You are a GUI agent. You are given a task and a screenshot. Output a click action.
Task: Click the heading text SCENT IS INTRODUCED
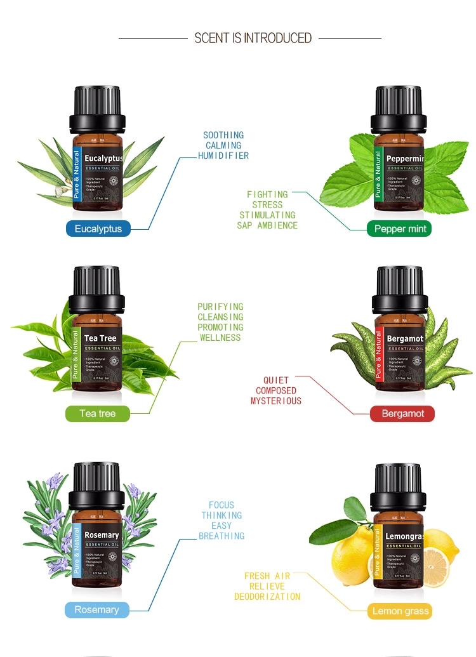[253, 38]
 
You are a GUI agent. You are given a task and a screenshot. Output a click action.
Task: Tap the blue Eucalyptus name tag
[98, 229]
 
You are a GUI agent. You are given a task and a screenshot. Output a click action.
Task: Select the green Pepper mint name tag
[399, 229]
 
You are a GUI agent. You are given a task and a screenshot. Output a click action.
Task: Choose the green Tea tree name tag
[98, 413]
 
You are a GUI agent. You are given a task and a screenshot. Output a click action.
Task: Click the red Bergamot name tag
[402, 414]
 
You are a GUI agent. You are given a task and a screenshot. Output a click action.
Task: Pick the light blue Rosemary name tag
[96, 610]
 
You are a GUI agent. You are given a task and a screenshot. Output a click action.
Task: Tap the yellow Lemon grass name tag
[400, 611]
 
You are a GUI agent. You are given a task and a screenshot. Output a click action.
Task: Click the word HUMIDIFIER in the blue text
[223, 156]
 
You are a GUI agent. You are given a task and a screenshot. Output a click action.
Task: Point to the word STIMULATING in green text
[267, 215]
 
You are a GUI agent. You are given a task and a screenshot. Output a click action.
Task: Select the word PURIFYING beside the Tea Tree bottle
[220, 307]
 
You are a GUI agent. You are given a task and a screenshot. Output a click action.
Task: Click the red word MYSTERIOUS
[275, 401]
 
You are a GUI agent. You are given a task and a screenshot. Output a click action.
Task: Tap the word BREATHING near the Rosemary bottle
[221, 536]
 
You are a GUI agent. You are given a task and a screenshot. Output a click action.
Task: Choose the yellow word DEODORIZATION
[267, 597]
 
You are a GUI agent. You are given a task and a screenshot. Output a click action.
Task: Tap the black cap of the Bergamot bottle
[399, 286]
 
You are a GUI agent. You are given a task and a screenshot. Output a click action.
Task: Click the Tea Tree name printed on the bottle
[100, 338]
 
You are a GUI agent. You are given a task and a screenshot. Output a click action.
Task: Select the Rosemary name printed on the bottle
[102, 535]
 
